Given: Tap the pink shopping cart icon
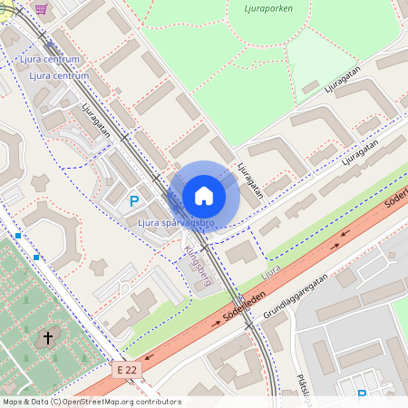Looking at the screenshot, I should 41,8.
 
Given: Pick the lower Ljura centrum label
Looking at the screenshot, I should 60,75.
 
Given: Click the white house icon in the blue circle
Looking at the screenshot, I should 204,196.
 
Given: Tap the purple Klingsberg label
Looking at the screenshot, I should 198,264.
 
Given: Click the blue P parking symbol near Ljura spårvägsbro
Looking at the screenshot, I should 134,201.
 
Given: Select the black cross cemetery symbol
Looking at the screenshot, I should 48,338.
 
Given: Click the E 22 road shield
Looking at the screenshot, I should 128,369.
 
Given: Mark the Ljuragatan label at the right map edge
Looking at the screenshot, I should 360,151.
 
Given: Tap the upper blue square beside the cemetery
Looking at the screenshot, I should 17,236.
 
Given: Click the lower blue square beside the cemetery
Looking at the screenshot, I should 37,257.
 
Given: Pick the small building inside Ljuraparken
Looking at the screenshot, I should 310,87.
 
